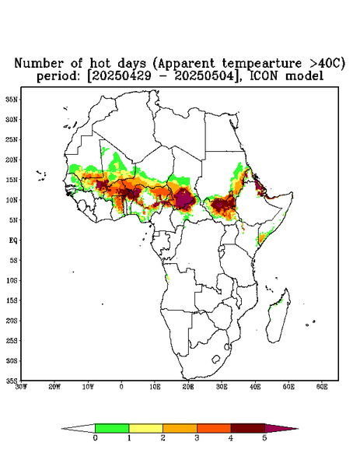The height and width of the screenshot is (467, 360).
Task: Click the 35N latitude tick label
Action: tap(12, 99)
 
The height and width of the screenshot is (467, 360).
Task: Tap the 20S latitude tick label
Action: tap(12, 321)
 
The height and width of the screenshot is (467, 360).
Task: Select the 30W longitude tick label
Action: tap(21, 387)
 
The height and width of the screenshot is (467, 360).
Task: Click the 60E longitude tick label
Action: tap(322, 387)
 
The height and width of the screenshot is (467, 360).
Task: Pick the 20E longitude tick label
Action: tap(188, 387)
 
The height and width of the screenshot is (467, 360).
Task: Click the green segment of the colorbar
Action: tap(112, 428)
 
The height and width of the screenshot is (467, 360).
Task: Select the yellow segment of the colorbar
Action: tap(145, 428)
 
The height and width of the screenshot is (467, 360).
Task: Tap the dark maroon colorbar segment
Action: tap(248, 428)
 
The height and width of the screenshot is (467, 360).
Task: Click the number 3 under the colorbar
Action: tap(197, 438)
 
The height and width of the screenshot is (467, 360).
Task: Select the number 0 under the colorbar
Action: tap(95, 438)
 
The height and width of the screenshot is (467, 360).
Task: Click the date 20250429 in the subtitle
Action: tap(121, 76)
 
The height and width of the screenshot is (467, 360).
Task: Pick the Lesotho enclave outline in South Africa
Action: tap(216, 359)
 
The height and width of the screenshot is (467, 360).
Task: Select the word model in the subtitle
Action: tap(304, 76)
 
